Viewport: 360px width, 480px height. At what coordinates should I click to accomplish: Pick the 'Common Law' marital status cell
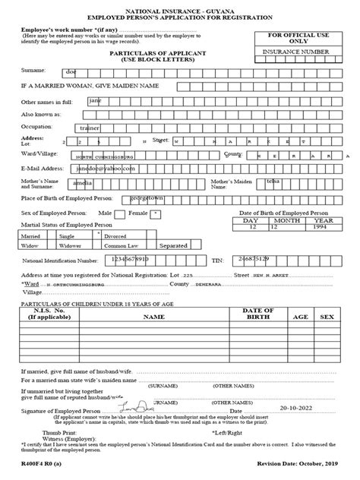122,245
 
